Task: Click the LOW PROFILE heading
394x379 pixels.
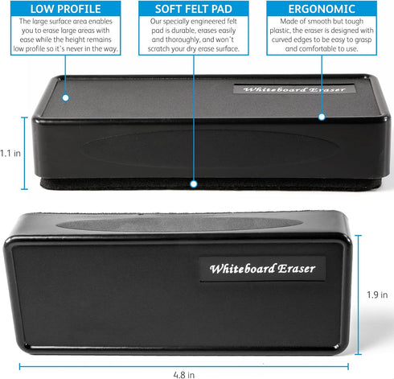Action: click(66, 9)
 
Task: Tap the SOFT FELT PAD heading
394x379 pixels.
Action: click(194, 9)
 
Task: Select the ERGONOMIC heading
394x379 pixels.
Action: click(322, 9)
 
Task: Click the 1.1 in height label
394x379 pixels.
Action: click(10, 154)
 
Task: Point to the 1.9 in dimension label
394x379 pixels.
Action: click(377, 295)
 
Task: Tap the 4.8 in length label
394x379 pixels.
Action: click(184, 375)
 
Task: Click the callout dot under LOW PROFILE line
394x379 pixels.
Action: click(66, 98)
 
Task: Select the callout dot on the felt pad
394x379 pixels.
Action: click(194, 184)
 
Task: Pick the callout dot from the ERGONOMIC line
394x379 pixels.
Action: click(322, 117)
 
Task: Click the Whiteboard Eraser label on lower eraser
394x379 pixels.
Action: click(262, 269)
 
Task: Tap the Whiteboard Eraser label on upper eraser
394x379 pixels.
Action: click(294, 89)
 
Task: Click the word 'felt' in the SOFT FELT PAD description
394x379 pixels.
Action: click(232, 21)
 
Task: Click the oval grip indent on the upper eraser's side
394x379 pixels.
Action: click(210, 148)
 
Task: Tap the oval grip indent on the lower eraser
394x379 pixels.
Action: click(180, 224)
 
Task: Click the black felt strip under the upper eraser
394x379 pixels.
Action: click(211, 184)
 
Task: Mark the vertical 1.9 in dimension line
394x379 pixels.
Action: click(359, 295)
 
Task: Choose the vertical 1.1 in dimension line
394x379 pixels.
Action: click(24, 153)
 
